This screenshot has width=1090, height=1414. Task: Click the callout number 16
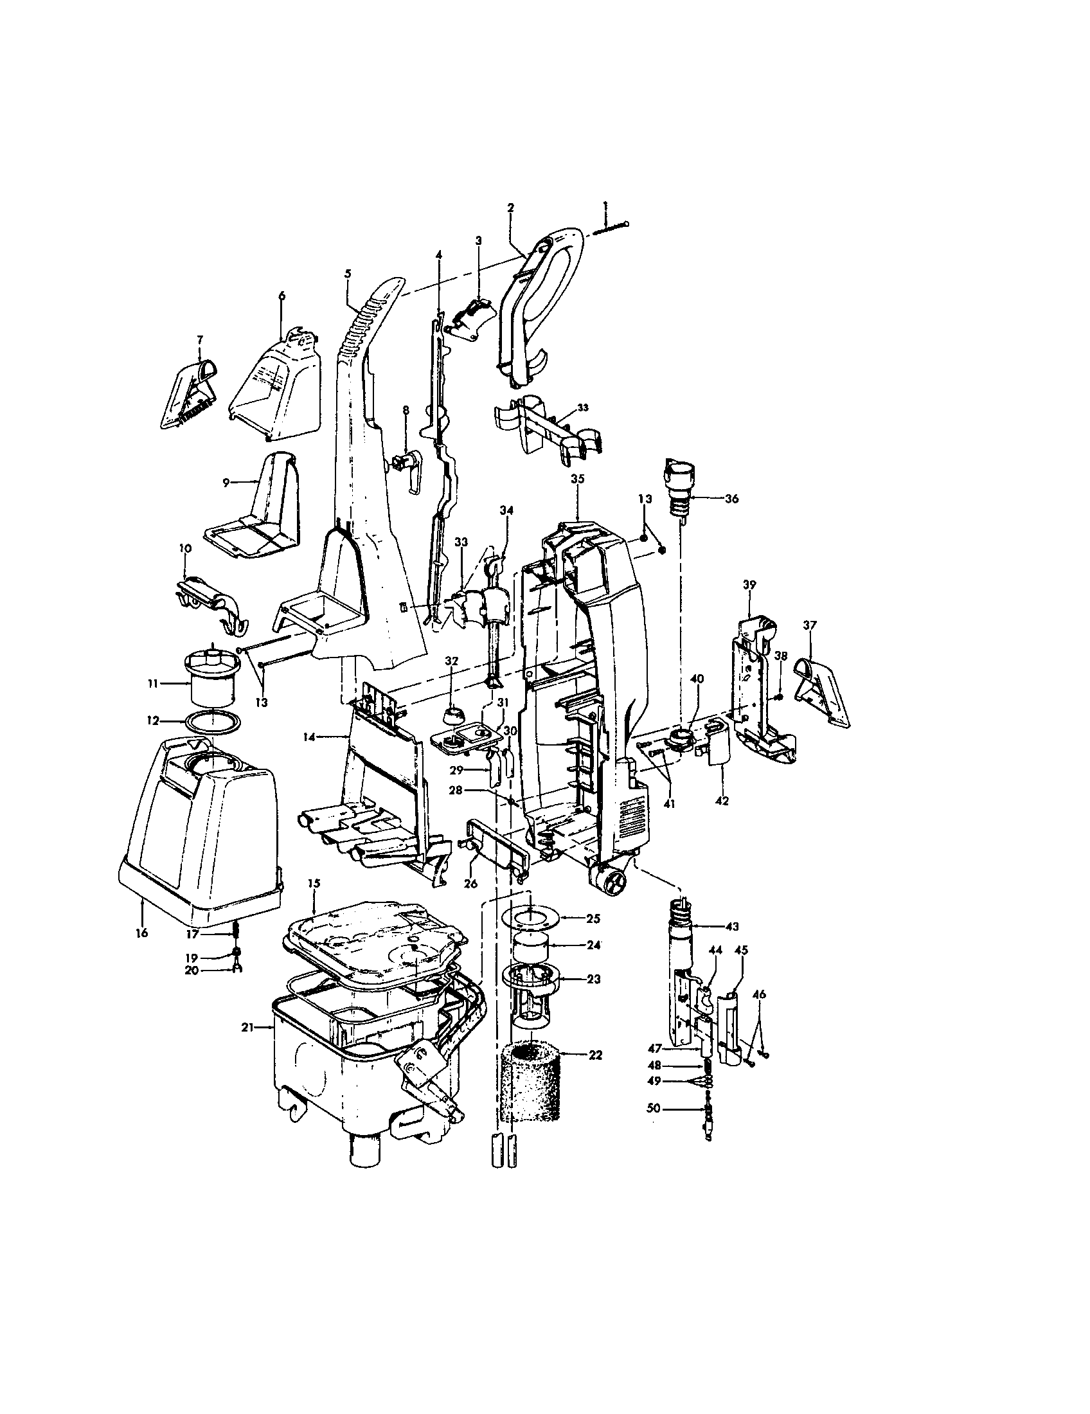142,933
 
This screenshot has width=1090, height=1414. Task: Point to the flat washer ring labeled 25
530,918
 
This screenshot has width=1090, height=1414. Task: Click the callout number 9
226,482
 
